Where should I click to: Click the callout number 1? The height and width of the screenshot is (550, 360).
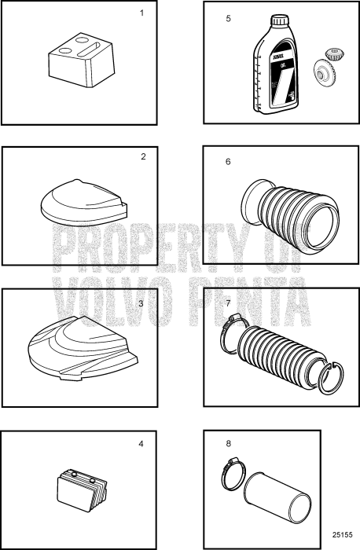tap(141, 13)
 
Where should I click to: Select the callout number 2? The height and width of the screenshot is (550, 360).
tap(143, 156)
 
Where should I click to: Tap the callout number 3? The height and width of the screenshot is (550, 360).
tap(140, 302)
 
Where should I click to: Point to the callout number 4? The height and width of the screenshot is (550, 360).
tap(141, 444)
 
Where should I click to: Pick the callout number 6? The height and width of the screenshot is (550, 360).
tap(228, 161)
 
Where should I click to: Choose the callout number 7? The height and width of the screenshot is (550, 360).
tap(228, 302)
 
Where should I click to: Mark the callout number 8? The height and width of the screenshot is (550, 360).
tap(229, 444)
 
